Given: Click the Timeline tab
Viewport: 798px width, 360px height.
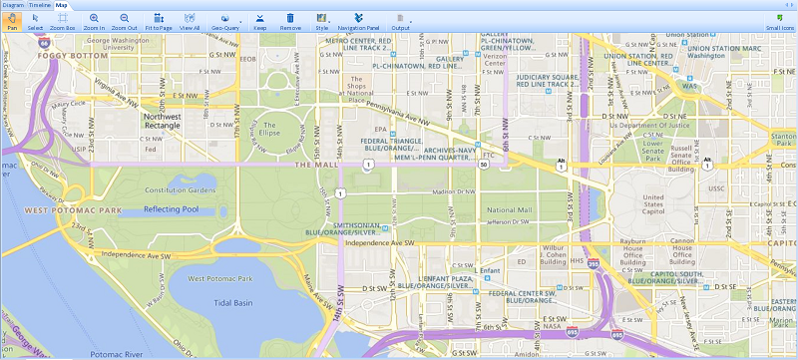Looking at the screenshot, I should click(40, 5).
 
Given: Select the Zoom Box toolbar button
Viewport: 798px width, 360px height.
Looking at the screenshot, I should click(62, 21).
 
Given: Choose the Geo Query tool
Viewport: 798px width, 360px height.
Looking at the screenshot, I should click(224, 21).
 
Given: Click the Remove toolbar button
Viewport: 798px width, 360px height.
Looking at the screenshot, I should click(290, 21).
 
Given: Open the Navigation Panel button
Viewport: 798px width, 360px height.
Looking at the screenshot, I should click(357, 21).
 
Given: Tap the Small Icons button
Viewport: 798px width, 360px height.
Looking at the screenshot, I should click(779, 21).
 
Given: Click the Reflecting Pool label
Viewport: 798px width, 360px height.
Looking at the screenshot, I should click(172, 209).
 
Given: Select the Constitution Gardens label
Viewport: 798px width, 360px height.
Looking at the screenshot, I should click(180, 189).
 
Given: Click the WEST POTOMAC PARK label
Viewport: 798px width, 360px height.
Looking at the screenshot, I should click(73, 210).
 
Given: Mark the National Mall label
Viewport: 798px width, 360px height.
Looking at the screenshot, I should click(509, 210).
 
